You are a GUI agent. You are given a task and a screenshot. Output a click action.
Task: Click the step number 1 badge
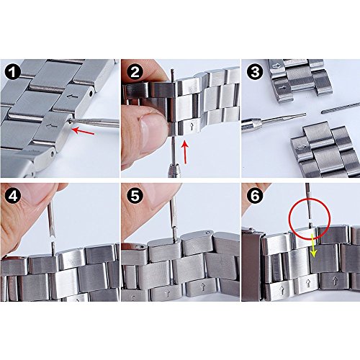pyautogui.click(x=12, y=72)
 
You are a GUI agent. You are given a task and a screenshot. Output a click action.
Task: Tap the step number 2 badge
pyautogui.click(x=135, y=72)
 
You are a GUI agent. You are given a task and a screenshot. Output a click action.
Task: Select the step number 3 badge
pyautogui.click(x=255, y=72)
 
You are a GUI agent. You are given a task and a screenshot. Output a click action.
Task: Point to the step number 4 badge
pyautogui.click(x=12, y=196)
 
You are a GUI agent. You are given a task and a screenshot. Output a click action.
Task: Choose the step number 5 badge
pyautogui.click(x=135, y=196)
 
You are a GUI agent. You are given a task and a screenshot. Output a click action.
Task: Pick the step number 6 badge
pyautogui.click(x=255, y=196)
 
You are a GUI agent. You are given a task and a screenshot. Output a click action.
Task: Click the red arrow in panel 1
pyautogui.click(x=83, y=131)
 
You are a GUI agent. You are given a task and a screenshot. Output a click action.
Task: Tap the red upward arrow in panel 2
pyautogui.click(x=184, y=152)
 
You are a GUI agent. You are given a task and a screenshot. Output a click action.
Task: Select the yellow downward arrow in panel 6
pyautogui.click(x=313, y=246)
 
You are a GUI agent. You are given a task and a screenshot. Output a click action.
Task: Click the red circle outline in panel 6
pyautogui.click(x=310, y=198)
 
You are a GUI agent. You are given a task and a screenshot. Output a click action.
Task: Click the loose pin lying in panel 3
pyautogui.click(x=341, y=108)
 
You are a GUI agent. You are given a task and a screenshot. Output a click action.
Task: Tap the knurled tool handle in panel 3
pyautogui.click(x=251, y=125)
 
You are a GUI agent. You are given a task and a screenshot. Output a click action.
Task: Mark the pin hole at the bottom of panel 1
pyautogui.click(x=53, y=155)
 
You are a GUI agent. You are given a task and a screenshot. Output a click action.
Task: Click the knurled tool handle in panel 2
pyautogui.click(x=174, y=170)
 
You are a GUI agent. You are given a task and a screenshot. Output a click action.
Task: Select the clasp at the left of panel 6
pyautogui.click(x=252, y=264)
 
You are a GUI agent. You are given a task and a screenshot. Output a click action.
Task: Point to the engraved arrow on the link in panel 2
pyautogui.click(x=192, y=127)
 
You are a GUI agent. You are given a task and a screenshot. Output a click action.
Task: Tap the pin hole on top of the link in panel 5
pyautogui.click(x=210, y=233)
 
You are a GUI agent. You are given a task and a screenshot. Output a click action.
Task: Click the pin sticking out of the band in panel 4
pyautogui.click(x=53, y=248)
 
